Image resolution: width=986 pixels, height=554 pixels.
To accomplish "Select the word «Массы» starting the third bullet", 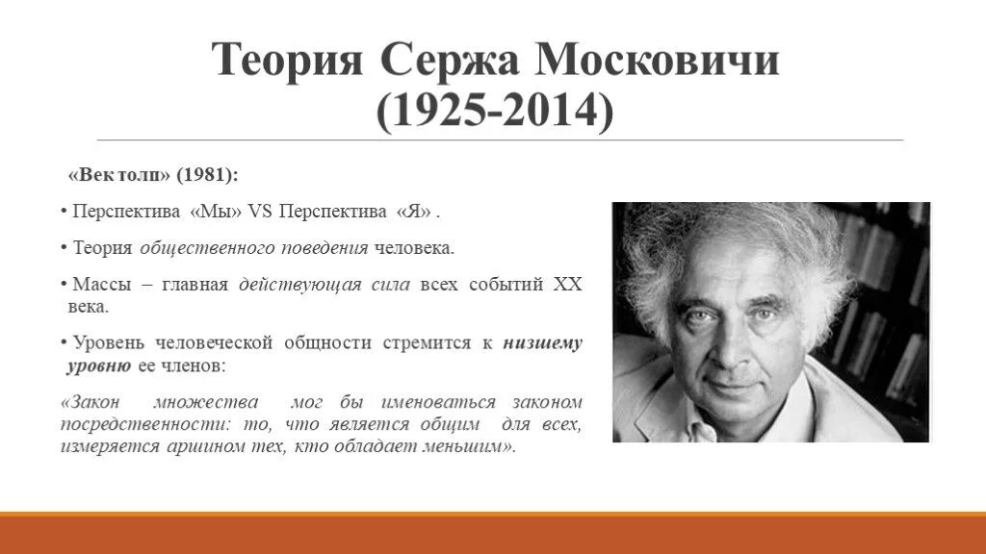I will click(x=95, y=285).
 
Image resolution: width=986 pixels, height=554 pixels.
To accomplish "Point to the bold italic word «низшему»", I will click(x=542, y=343).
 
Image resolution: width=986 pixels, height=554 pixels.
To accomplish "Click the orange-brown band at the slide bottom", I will click(x=493, y=535).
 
